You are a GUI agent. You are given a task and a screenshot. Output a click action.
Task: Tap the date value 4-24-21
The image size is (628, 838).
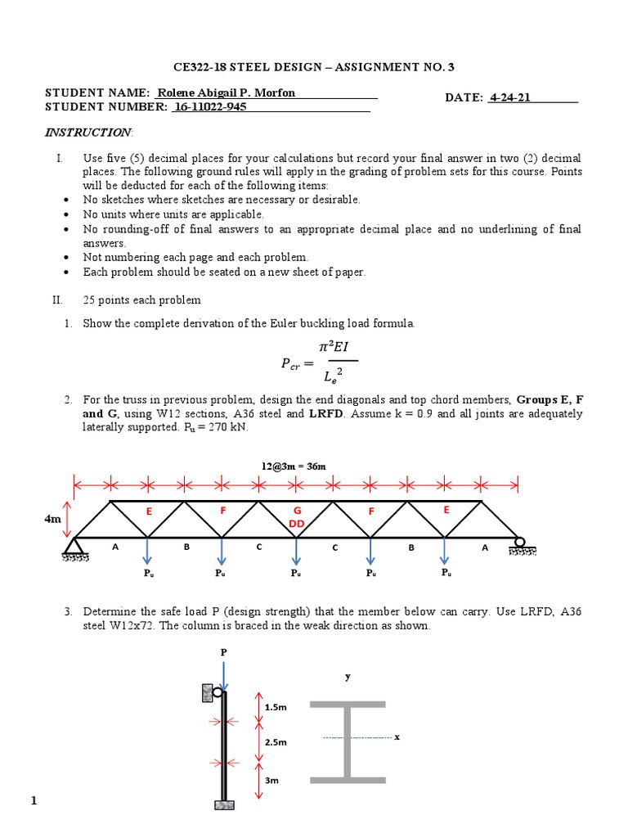[x=511, y=97]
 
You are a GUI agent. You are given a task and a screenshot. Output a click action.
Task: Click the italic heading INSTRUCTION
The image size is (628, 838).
[x=87, y=132]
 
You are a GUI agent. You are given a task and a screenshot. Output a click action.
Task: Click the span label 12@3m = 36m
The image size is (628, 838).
[x=295, y=466]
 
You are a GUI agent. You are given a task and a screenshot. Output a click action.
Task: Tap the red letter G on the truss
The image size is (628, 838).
[x=298, y=511]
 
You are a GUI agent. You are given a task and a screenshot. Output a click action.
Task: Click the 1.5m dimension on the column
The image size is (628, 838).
[x=275, y=706]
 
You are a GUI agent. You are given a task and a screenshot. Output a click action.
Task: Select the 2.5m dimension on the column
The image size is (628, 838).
[x=275, y=741]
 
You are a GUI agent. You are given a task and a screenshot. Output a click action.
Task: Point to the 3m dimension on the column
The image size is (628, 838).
[x=271, y=781]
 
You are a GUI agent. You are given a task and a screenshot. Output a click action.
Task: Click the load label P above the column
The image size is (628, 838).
[x=222, y=652]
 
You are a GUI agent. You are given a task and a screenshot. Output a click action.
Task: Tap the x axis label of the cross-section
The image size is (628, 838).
[x=397, y=737]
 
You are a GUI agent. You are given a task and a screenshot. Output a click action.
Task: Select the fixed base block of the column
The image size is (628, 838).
[x=223, y=805]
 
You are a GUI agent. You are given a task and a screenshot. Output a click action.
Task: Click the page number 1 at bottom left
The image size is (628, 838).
[x=34, y=801]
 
